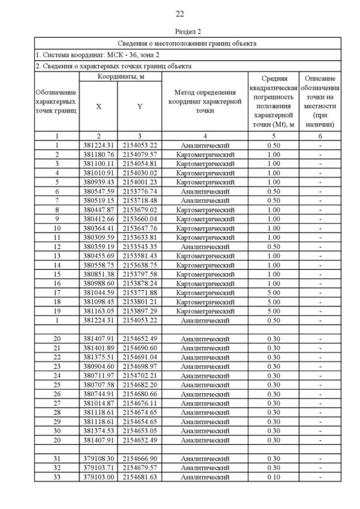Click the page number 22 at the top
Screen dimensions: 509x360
click(x=179, y=14)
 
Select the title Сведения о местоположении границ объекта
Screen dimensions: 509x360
click(x=187, y=43)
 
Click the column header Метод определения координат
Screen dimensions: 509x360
click(x=205, y=101)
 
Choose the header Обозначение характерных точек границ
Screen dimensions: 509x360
click(x=56, y=101)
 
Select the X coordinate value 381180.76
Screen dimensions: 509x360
click(x=98, y=154)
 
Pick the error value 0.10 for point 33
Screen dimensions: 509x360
click(x=273, y=477)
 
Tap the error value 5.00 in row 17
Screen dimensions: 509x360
click(x=273, y=292)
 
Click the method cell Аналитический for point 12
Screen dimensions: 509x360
click(x=205, y=246)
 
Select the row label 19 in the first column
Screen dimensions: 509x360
click(x=57, y=310)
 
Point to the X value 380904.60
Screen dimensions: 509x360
click(x=98, y=367)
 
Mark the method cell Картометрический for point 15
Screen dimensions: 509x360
click(x=205, y=273)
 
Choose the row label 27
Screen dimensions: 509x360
click(x=57, y=403)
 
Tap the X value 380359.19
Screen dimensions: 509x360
click(x=98, y=246)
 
